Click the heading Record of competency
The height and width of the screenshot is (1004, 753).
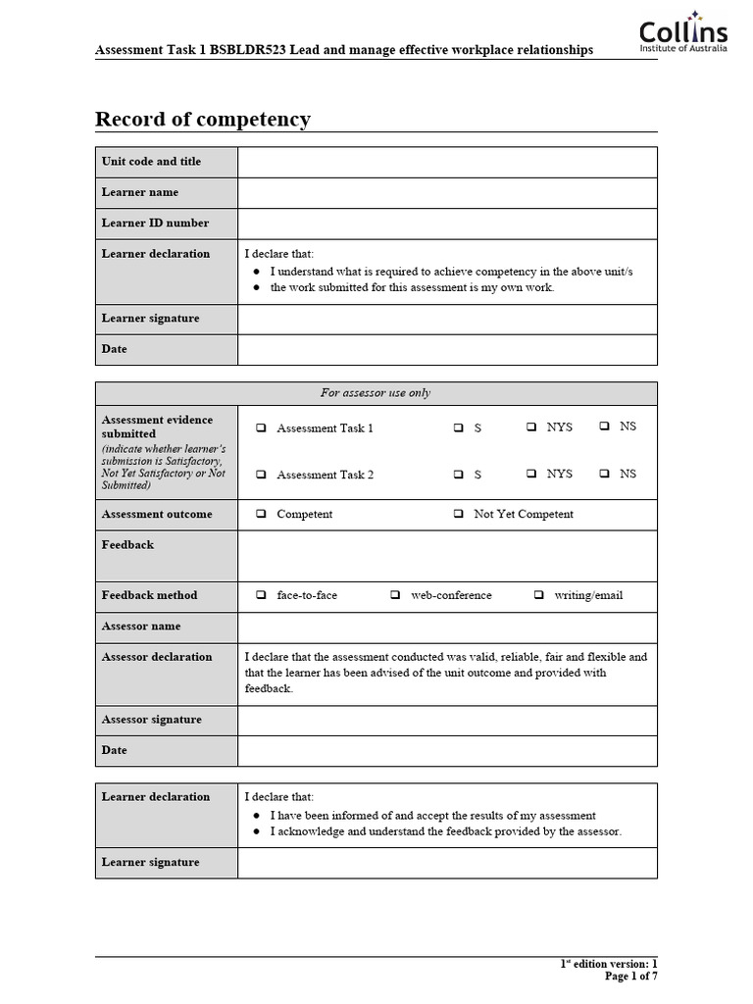203,120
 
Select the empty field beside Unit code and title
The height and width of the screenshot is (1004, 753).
447,162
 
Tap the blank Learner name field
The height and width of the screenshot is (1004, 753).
447,192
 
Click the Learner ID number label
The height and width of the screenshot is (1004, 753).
155,223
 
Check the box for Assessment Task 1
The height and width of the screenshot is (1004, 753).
262,428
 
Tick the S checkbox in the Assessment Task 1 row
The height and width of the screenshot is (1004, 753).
459,428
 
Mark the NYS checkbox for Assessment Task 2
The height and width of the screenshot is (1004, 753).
531,474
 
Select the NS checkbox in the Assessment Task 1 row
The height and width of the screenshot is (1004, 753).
605,427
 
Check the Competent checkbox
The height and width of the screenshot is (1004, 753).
262,514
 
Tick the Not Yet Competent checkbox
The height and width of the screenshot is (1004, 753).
459,514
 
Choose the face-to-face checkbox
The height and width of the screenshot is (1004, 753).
262,595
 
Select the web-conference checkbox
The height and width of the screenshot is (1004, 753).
395,595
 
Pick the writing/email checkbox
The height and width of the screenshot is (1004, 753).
539,595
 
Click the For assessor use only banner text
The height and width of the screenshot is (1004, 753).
376,393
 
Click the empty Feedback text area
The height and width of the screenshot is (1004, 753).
447,555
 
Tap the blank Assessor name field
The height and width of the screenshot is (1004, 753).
447,626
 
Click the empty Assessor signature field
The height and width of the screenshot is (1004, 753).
447,720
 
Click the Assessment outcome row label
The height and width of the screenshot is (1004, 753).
157,514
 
